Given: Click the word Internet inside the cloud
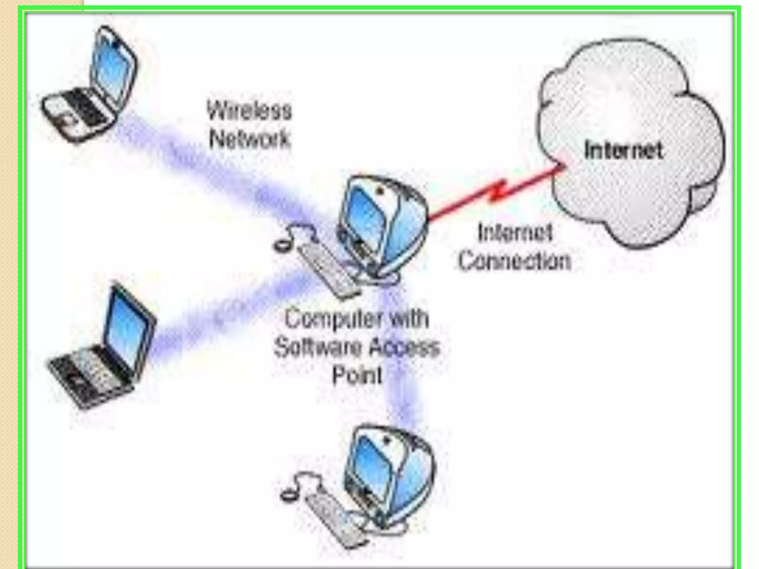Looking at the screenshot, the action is point(623,150).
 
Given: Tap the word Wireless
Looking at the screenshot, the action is point(249,110).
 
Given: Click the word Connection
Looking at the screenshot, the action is point(515,261).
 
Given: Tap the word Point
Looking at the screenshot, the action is point(357,375).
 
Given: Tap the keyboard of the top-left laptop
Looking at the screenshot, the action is point(80,107).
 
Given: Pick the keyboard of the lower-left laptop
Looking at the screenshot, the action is point(89,374).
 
